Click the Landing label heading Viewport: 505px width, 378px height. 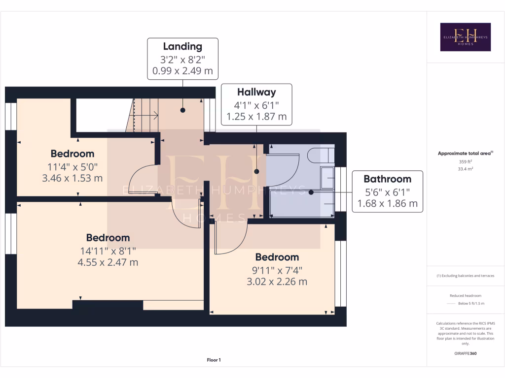(182, 47)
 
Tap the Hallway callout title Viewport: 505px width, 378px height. (256, 92)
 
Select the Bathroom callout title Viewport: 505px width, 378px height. (387, 179)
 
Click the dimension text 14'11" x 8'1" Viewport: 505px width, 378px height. (108, 251)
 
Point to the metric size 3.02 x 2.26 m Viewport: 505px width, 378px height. (277, 282)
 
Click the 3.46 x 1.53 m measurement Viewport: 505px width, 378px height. (72, 178)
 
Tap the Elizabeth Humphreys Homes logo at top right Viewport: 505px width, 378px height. (465, 37)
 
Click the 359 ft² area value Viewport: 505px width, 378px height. (466, 161)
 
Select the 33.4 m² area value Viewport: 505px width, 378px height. (466, 169)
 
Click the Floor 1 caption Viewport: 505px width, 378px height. (214, 360)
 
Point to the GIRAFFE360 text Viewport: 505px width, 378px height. (466, 353)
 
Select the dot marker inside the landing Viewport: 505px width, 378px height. (183, 110)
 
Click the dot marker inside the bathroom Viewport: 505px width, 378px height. (311, 192)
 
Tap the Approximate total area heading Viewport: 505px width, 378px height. (466, 154)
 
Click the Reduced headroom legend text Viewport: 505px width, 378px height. (466, 295)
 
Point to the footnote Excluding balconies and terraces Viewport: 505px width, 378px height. (466, 276)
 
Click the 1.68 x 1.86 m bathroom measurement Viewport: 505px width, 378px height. (387, 203)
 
